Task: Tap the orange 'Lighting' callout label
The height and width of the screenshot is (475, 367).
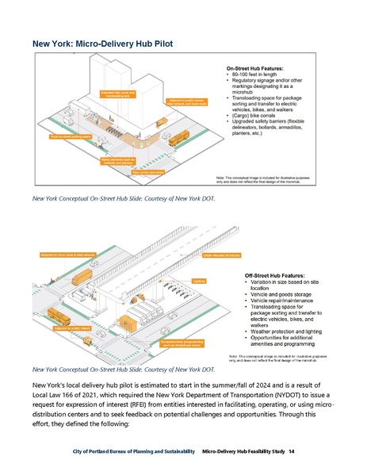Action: pos(200,280)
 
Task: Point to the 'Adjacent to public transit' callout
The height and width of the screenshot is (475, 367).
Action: pos(71,327)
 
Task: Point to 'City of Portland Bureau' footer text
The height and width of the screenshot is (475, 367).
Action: pos(103,452)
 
